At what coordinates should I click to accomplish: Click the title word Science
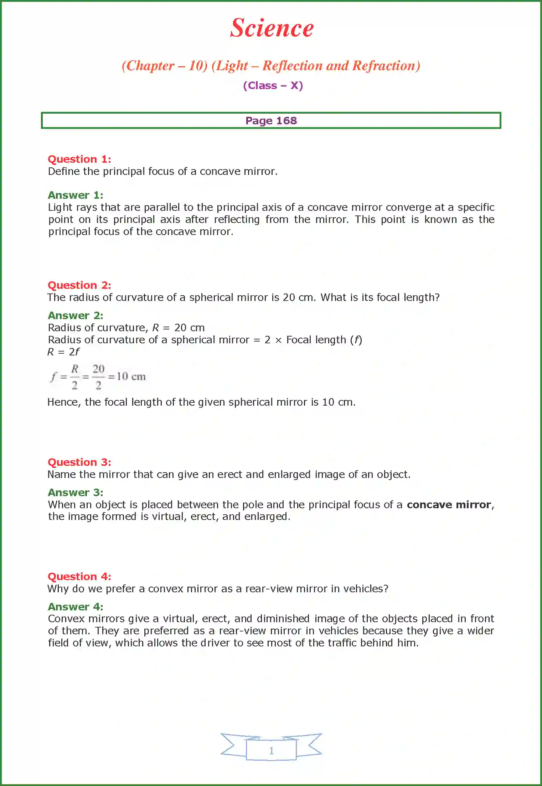tap(272, 28)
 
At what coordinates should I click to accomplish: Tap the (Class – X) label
tap(273, 85)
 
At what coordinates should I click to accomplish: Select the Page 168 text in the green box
tap(271, 121)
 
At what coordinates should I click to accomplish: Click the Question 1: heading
tap(79, 159)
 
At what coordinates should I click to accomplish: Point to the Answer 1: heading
tap(76, 195)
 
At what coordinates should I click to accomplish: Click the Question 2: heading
tap(79, 285)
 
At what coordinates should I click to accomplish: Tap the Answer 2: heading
tap(76, 316)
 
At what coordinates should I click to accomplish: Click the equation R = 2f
tap(63, 352)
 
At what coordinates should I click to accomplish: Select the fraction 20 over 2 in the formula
tap(98, 377)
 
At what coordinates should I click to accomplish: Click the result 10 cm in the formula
tap(131, 376)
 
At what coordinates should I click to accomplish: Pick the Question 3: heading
tap(79, 462)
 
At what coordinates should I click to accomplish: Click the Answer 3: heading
tap(76, 493)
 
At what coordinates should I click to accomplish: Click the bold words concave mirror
tap(449, 505)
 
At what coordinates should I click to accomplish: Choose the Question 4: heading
tap(79, 577)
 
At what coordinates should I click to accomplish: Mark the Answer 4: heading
tap(76, 607)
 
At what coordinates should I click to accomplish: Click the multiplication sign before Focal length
tap(278, 340)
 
